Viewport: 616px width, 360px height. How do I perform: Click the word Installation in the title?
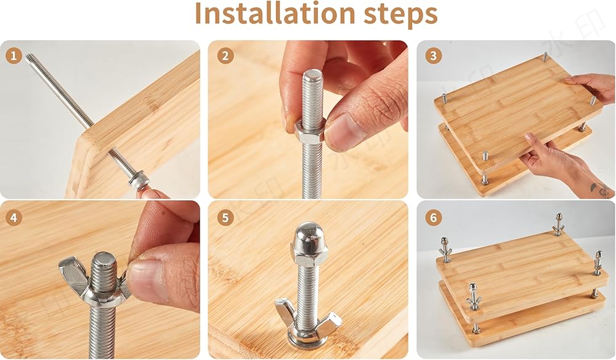click(x=275, y=14)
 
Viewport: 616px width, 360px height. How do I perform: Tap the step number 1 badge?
click(x=14, y=56)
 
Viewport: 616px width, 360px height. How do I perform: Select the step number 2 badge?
click(x=225, y=56)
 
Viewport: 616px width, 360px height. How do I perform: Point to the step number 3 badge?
click(x=433, y=56)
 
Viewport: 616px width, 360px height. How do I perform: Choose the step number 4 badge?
click(x=14, y=218)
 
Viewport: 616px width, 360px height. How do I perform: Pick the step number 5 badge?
click(x=225, y=218)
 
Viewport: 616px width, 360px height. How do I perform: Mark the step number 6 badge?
click(x=433, y=218)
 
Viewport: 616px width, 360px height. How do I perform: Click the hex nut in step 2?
click(x=310, y=131)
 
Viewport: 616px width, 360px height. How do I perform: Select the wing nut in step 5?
click(x=307, y=322)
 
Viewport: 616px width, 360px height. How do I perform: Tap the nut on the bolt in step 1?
click(x=139, y=181)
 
